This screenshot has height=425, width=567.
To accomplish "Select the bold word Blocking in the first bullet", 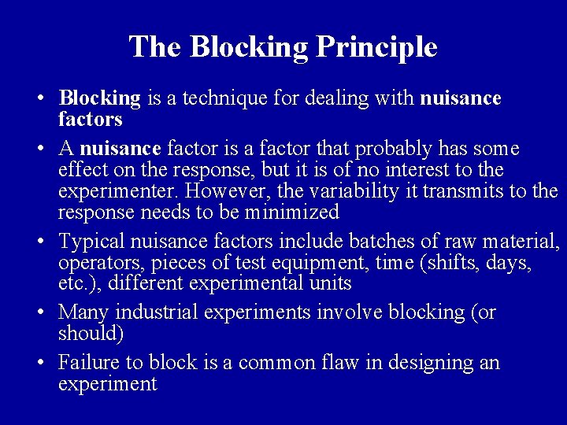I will [x=99, y=98].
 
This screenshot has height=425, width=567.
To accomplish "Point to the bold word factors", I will [x=91, y=120].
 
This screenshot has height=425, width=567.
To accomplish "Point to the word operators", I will [x=95, y=262].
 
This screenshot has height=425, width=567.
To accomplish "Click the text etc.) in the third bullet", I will [x=76, y=283].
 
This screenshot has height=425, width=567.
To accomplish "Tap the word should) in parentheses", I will [x=91, y=333].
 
